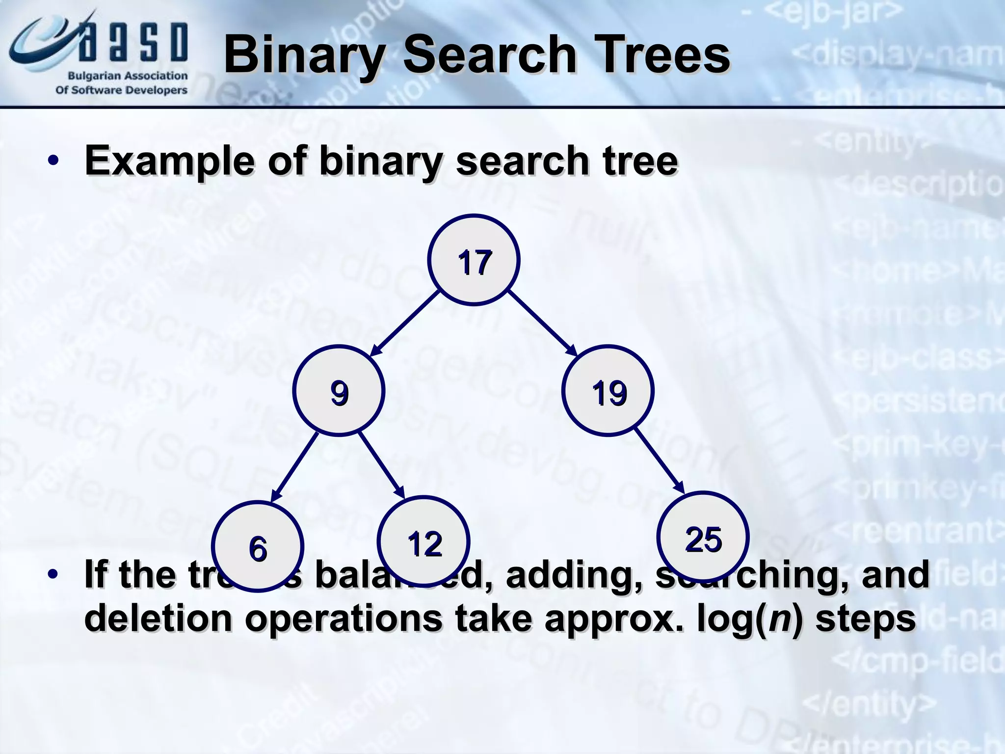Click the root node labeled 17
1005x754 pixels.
(x=474, y=260)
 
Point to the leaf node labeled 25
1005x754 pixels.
(x=703, y=538)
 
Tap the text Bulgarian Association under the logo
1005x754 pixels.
(x=127, y=76)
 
